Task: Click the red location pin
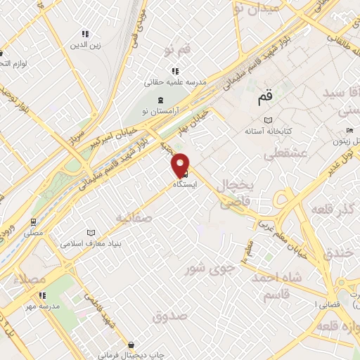[181, 164]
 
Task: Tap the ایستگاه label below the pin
[184, 184]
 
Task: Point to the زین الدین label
[86, 44]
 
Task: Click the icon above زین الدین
[85, 33]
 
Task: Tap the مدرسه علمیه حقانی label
[176, 82]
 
